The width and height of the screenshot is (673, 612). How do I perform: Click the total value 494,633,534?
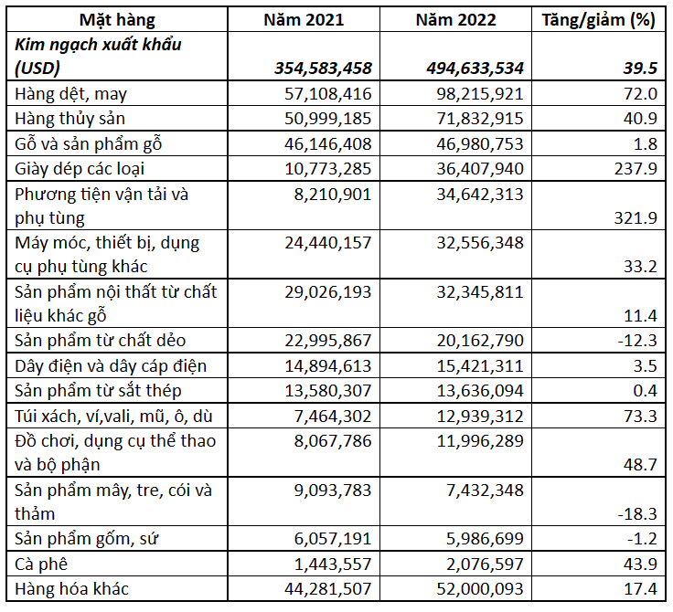click(475, 69)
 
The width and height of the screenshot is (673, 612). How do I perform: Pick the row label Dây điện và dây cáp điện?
click(111, 366)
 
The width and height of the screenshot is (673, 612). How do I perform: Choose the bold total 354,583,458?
click(323, 69)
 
